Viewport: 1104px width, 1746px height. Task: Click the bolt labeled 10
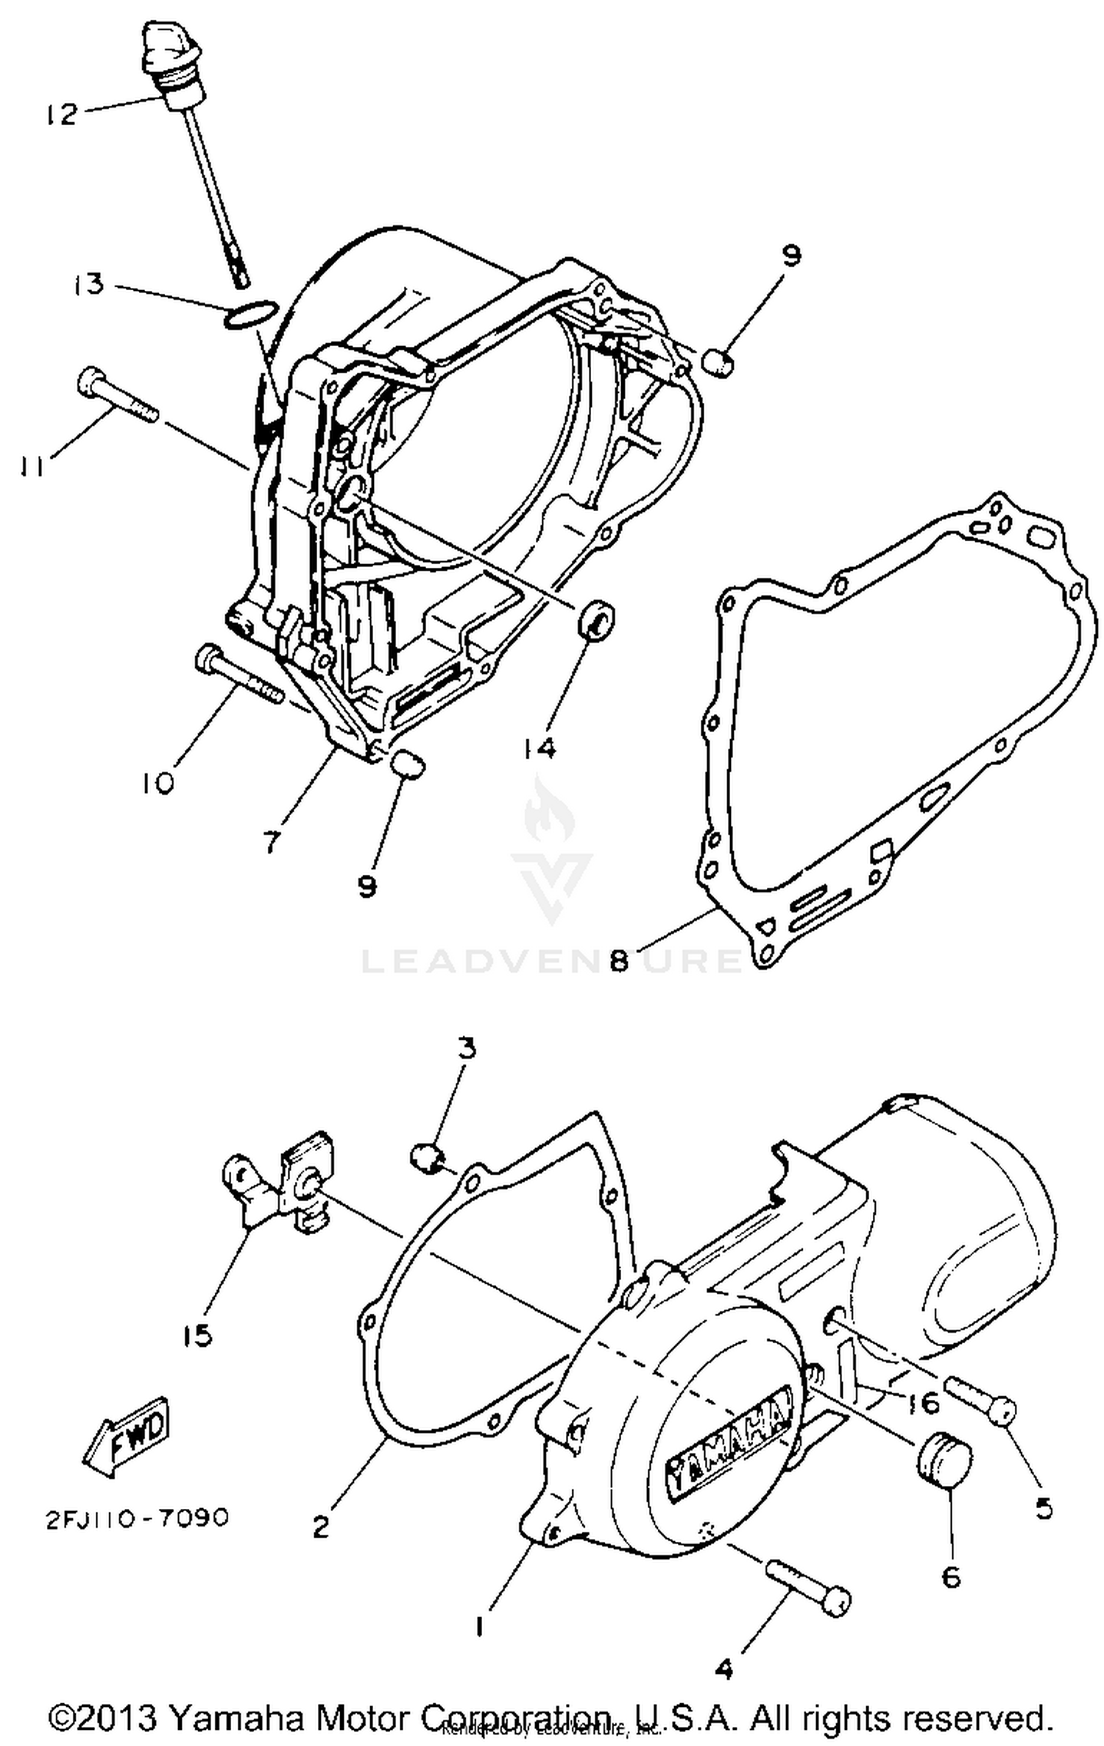click(238, 673)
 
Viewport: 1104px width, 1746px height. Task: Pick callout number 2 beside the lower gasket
click(321, 1528)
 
